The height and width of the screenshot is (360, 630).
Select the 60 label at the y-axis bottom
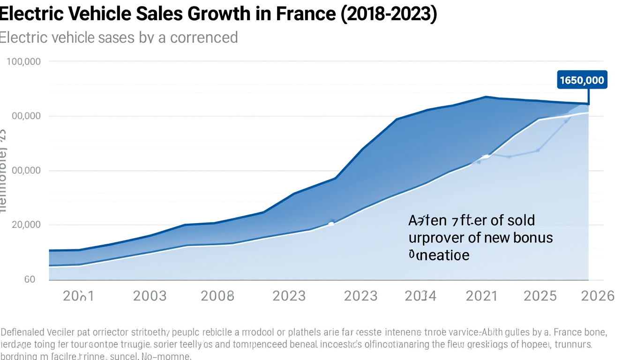click(30, 279)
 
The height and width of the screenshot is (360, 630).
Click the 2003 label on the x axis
click(150, 296)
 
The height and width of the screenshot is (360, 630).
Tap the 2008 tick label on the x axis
click(217, 296)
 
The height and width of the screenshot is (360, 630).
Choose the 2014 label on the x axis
click(420, 296)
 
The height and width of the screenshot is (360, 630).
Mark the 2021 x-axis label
click(481, 296)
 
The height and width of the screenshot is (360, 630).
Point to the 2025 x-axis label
click(540, 296)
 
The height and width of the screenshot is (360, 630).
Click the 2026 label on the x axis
click(597, 296)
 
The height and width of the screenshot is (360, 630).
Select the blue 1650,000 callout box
click(582, 80)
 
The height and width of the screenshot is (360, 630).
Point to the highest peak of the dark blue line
click(486, 97)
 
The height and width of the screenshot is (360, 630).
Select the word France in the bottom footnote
click(567, 333)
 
